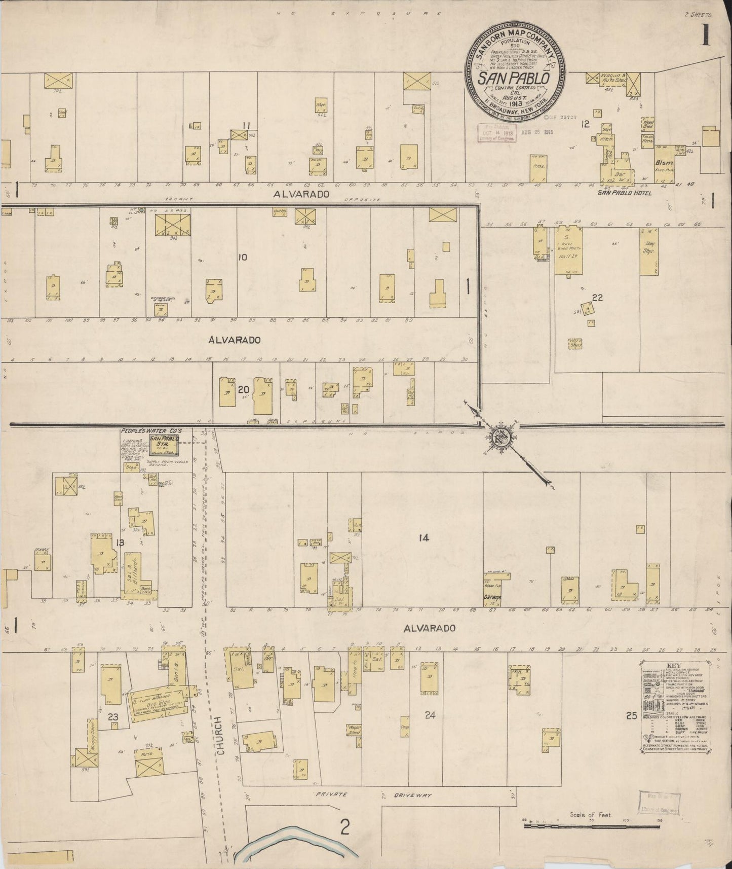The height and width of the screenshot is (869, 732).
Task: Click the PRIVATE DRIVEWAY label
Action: coord(373,795)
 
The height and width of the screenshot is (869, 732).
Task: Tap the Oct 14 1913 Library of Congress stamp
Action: coord(495,133)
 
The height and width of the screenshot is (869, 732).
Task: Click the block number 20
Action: coord(243,389)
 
